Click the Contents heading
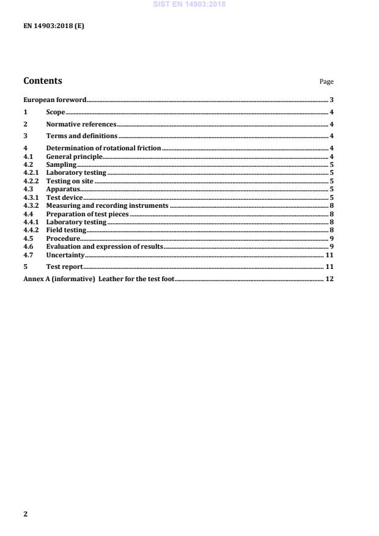(x=42, y=81)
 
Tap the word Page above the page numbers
(x=326, y=82)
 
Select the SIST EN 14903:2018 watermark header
(x=190, y=4)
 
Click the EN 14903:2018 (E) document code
(x=54, y=26)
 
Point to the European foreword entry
(x=54, y=100)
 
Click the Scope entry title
(x=56, y=112)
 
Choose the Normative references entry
(x=81, y=125)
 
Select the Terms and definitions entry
(x=82, y=136)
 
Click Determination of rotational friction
(x=103, y=149)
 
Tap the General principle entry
(x=74, y=157)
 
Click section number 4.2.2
(x=31, y=182)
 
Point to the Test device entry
(x=64, y=198)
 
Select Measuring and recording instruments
(x=107, y=206)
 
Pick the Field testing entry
(x=66, y=230)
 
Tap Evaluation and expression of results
(x=105, y=246)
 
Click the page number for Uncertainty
(x=329, y=255)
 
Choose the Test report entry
(x=64, y=267)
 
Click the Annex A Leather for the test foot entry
(x=98, y=279)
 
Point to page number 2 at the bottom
(x=25, y=514)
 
